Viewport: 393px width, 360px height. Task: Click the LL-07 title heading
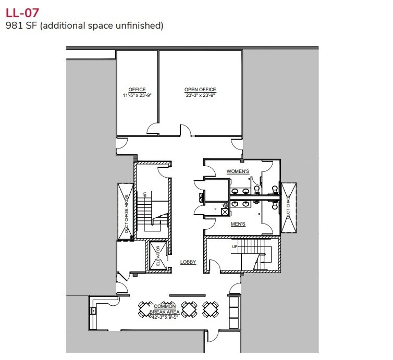22,11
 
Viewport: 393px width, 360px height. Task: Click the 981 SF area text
84,24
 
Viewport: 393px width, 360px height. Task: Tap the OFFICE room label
137,90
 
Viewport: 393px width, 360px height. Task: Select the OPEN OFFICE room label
200,90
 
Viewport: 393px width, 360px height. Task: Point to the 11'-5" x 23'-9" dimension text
137,95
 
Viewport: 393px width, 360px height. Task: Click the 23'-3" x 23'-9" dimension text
200,95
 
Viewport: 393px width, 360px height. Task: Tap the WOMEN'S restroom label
238,171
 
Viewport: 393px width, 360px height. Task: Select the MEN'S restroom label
238,224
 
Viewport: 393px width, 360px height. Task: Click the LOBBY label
188,262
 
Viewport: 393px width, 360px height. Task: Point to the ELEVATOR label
158,256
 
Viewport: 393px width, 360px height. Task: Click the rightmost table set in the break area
211,309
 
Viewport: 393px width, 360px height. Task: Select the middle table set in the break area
191,309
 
